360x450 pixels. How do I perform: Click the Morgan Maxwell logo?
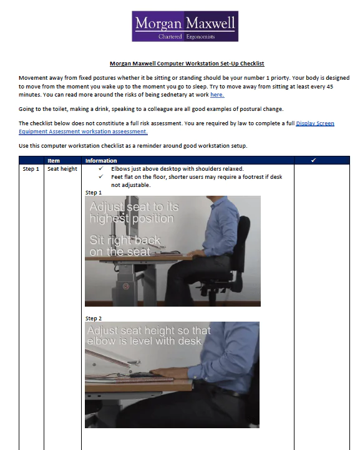[185, 26]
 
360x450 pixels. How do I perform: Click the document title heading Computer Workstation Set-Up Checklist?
[187, 63]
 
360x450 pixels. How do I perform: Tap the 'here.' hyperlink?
[217, 95]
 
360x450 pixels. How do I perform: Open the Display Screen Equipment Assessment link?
[314, 123]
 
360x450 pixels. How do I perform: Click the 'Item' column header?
[54, 161]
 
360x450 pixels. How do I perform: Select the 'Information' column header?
[100, 161]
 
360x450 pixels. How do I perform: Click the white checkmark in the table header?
[313, 161]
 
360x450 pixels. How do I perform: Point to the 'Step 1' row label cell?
[31, 169]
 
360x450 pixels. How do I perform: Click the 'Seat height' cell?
[62, 169]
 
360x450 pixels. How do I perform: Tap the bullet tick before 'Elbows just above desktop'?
[100, 169]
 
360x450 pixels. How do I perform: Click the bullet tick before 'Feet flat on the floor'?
[100, 176]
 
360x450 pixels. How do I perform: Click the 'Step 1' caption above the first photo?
[93, 193]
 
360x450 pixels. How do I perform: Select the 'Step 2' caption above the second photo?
[93, 318]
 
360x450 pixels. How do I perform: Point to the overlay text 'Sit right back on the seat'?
[125, 246]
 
